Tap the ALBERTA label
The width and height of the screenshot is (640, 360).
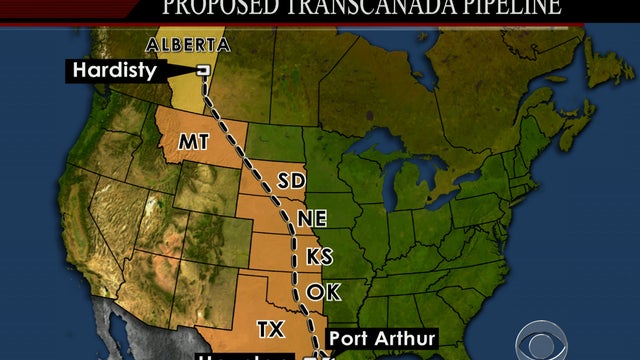[187, 45]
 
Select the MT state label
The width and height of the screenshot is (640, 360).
[194, 142]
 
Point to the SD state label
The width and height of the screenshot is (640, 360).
[291, 181]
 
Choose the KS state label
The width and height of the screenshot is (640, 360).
[319, 256]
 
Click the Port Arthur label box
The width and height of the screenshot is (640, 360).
[381, 339]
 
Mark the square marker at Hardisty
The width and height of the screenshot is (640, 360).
[203, 71]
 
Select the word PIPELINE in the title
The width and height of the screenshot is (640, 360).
[500, 8]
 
